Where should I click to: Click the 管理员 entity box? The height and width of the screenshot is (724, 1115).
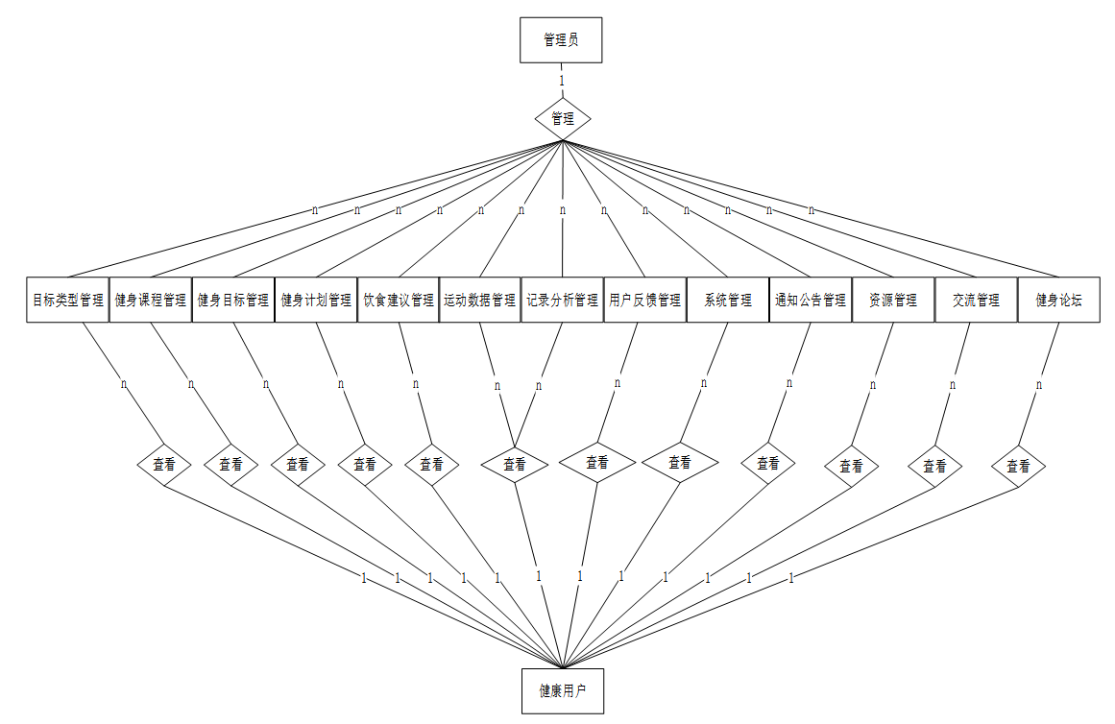pos(561,40)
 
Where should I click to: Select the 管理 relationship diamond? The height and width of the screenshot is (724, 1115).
pos(562,119)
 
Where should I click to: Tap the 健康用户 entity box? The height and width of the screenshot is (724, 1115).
pos(562,691)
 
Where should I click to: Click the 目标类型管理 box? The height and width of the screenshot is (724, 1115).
pos(67,300)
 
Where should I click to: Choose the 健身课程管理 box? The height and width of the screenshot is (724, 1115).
pos(150,300)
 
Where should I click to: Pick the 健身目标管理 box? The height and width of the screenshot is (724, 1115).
pos(232,300)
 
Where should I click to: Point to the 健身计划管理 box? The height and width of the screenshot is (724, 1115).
pos(316,300)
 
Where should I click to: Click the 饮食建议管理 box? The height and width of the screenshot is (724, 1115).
pos(399,300)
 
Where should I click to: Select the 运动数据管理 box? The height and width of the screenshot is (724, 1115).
pos(479,300)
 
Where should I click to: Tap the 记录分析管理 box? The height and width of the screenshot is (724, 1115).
pos(562,300)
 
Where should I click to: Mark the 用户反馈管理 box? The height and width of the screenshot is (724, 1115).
pos(644,300)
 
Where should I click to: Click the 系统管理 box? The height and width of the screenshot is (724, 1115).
pos(727,300)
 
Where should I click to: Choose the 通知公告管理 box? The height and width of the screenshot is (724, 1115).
pos(811,300)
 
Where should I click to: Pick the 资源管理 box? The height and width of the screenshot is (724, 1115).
pos(892,300)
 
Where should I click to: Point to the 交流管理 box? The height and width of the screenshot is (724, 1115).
pos(976,300)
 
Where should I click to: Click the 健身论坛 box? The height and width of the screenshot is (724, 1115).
pos(1058,300)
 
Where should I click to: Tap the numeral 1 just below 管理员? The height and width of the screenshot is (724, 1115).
pos(562,81)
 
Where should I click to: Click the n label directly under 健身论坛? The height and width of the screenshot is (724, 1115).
pos(1039,385)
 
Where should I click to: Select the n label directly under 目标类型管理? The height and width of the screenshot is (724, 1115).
pos(124,384)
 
